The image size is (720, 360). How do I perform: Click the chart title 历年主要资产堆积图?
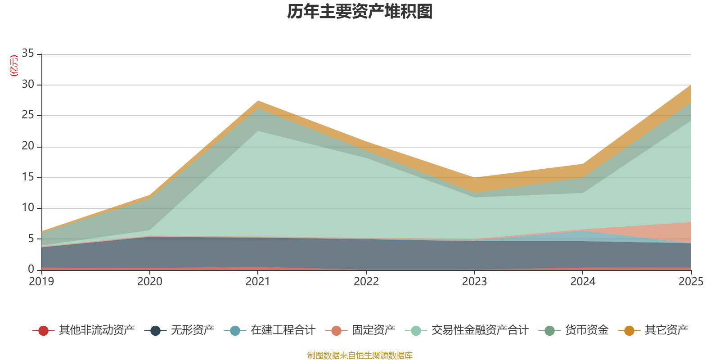[x=360, y=12]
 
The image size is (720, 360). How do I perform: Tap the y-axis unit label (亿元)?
[x=14, y=66]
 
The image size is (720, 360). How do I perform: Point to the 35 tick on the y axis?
[x=28, y=54]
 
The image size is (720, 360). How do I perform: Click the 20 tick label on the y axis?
[x=28, y=146]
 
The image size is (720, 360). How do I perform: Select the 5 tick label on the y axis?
[x=31, y=238]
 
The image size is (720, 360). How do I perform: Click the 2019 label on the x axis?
[x=41, y=282]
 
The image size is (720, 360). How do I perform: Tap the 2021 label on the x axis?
[x=258, y=282]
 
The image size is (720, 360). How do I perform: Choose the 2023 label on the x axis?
[x=474, y=282]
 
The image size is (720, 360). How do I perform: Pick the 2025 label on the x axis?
[x=691, y=282]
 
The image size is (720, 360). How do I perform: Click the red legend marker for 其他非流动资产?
[x=43, y=331]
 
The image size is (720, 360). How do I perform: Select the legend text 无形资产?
[x=193, y=331]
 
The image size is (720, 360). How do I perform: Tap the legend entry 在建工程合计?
[x=283, y=331]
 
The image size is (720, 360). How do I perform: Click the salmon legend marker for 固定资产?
[x=336, y=331]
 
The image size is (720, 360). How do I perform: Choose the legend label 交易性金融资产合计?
[x=480, y=331]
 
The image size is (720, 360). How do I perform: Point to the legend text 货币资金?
[x=587, y=331]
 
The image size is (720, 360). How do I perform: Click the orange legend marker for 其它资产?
[x=629, y=331]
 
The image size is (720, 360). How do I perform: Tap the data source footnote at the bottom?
[x=360, y=355]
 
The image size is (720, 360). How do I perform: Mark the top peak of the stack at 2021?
[x=258, y=101]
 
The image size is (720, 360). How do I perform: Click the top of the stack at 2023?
[x=474, y=178]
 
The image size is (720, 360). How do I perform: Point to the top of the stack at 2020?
[x=150, y=195]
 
